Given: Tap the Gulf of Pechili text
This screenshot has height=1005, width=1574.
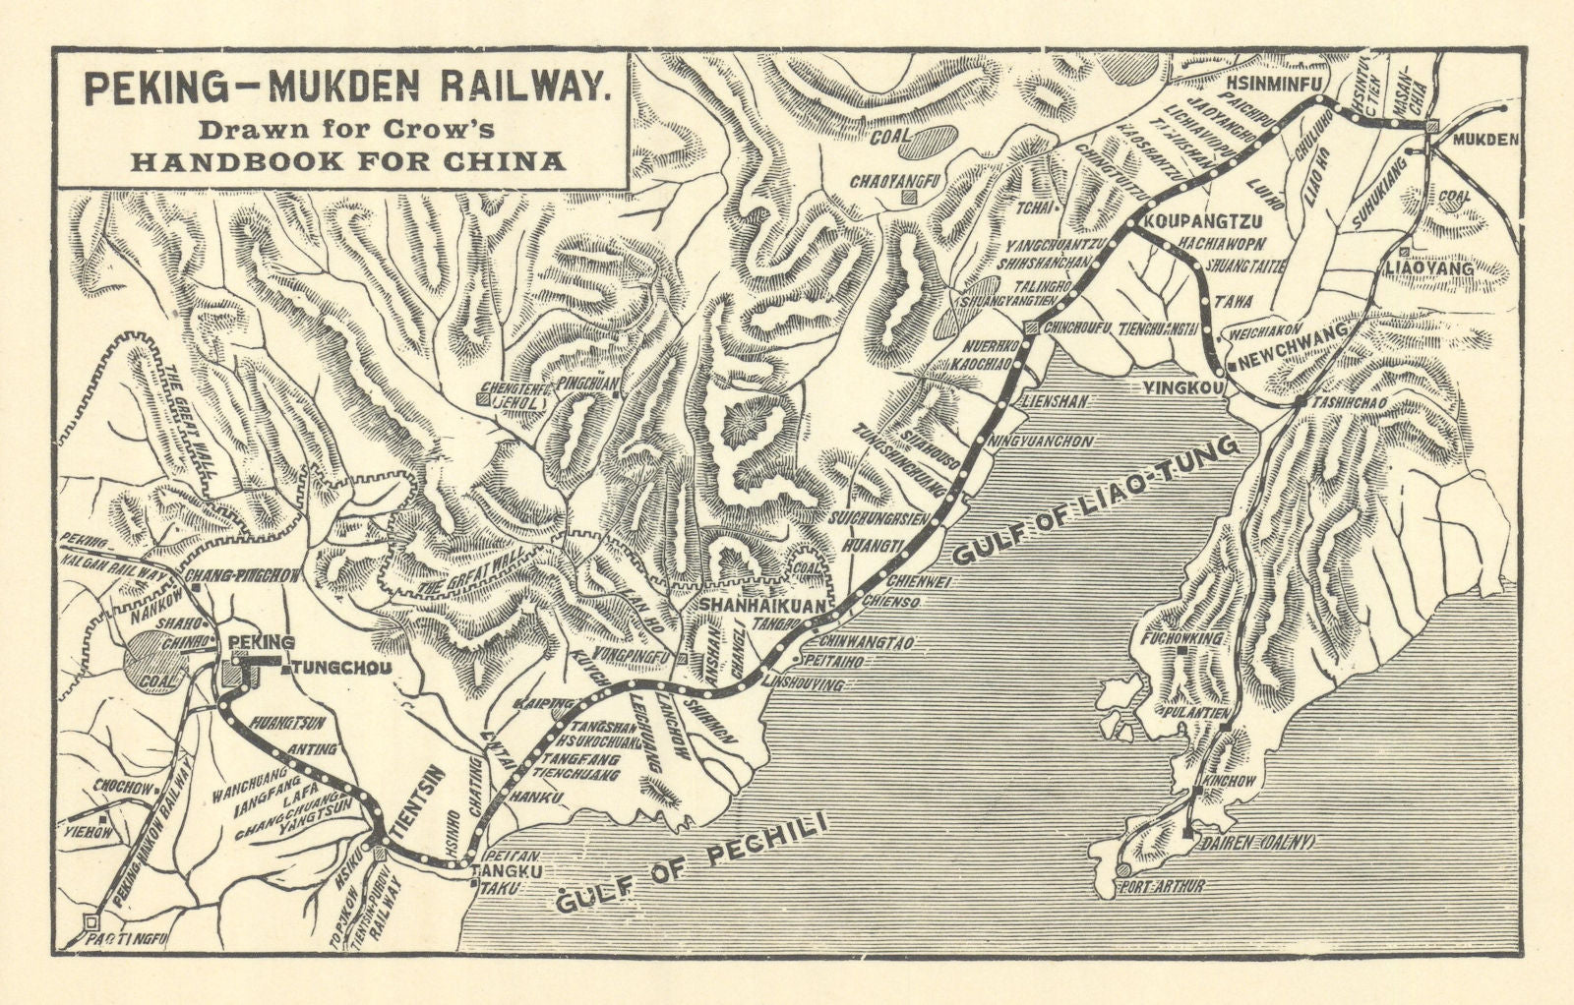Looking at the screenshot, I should point(691,865).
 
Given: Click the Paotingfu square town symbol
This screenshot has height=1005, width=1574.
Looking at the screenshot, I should point(91,921).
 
